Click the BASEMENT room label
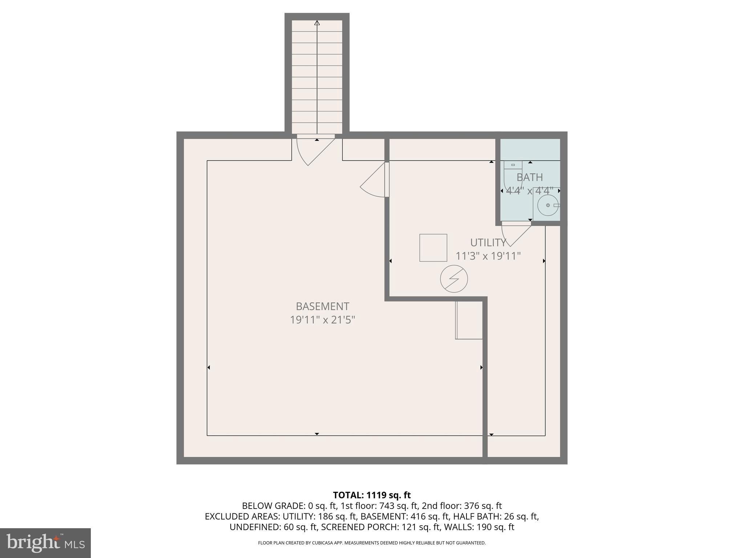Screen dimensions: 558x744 322,306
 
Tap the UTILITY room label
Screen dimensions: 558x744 488,242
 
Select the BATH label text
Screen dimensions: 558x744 530,177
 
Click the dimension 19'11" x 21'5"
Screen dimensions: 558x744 322,320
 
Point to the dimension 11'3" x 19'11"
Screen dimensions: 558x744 488,256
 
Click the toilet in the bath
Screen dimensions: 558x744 513,174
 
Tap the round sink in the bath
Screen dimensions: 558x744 547,205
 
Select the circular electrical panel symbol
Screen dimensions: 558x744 454,279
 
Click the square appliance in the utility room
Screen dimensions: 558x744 433,248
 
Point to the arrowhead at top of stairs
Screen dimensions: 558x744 317,23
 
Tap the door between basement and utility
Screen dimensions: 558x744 374,182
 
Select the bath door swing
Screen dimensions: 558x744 515,234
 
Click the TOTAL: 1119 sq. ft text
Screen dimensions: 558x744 372,495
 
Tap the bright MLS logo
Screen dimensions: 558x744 45,543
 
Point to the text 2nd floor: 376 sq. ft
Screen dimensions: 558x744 461,506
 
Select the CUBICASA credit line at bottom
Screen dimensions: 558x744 372,543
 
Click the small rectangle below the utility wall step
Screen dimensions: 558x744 469,320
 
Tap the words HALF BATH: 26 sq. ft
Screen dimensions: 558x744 498,516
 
